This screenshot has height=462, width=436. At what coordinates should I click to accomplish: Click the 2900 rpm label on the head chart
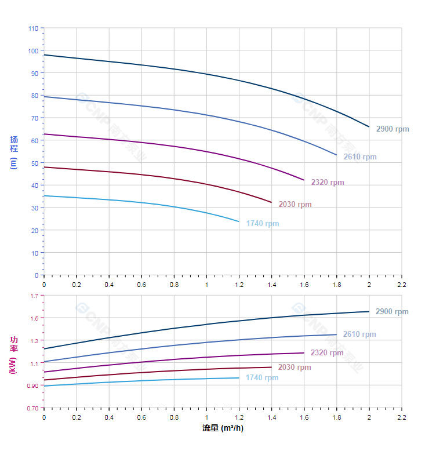point(393,129)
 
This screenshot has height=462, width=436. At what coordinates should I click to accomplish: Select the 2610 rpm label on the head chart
point(360,157)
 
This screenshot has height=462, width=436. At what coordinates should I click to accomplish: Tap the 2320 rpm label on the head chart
point(328,182)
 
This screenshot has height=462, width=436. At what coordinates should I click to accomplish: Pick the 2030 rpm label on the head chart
point(295,204)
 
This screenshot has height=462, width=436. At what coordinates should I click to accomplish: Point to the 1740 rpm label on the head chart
point(263,224)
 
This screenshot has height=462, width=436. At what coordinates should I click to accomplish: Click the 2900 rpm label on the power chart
point(392,311)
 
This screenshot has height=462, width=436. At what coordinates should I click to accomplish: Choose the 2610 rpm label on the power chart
point(359,334)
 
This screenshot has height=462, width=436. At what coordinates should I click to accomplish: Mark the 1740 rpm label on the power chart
point(262,378)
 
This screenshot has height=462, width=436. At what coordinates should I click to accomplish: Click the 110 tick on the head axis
point(33,28)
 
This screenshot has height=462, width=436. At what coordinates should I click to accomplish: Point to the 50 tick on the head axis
point(35,163)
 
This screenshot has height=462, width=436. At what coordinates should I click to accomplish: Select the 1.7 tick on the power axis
point(34,296)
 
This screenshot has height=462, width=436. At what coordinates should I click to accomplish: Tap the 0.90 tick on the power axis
point(32,385)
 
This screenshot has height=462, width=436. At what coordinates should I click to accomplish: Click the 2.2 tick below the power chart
point(402,417)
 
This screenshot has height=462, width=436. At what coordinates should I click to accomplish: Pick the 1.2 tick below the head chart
point(239,285)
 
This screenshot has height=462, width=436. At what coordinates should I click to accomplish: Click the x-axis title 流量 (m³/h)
point(223,428)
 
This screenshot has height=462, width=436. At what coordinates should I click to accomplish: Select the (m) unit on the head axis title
point(13,162)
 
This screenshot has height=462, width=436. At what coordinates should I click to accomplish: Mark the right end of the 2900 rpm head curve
point(369,126)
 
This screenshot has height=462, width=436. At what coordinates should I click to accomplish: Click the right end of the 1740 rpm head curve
point(239,221)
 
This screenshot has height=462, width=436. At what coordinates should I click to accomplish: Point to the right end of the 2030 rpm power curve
point(271,367)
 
